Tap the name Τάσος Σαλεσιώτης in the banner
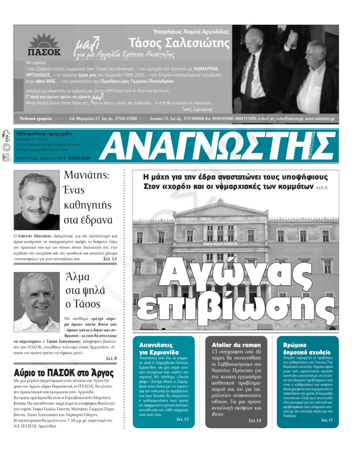coord(179,43)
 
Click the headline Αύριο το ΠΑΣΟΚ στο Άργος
coord(64,372)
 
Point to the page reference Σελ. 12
coord(110,258)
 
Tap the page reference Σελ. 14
coord(255,420)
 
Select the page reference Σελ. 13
coord(182,419)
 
